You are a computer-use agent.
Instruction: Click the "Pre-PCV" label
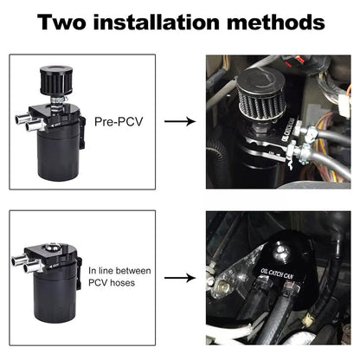118,121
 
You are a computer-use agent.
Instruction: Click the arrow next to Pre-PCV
179,121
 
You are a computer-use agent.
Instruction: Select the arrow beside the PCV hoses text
179,279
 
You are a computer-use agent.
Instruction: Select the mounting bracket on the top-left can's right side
81,130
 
